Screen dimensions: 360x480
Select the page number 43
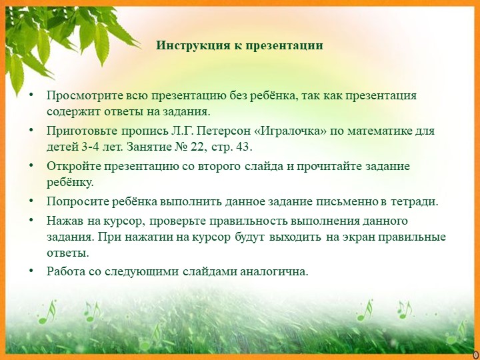tap(243, 147)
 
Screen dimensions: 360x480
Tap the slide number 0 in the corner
tap(475, 354)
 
